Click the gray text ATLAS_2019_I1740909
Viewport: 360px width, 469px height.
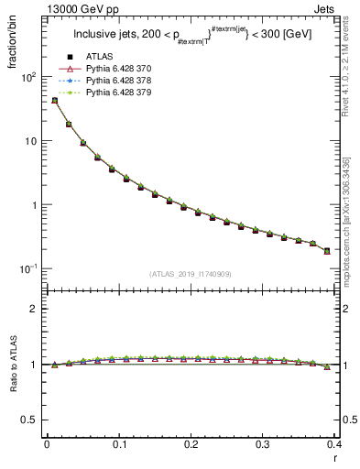click(191, 273)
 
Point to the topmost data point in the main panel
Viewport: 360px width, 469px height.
click(54, 101)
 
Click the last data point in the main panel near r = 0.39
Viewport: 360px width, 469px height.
click(327, 250)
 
